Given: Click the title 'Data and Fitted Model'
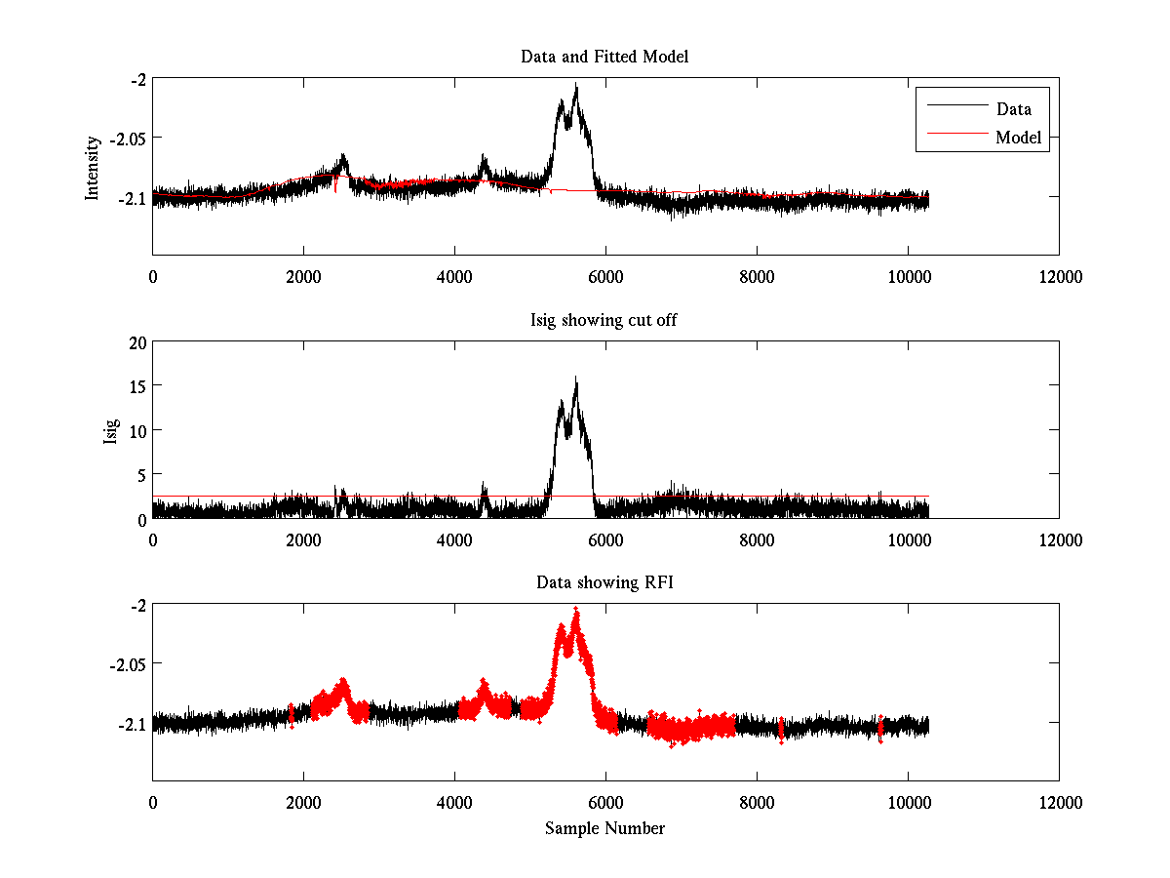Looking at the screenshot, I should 604,57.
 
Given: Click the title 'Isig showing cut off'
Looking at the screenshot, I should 604,320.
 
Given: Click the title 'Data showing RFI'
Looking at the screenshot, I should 604,582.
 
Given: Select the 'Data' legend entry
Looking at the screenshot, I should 1013,108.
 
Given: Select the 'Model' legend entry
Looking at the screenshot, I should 1018,138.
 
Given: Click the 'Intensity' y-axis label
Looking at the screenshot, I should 93,167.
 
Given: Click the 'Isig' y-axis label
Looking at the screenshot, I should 110,429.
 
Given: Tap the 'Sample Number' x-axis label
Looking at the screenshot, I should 604,828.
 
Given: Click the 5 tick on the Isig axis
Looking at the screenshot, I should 140,474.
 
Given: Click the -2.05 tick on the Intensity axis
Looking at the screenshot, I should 125,139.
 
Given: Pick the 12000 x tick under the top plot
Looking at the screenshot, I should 1059,277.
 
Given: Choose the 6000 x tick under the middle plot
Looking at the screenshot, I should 605,539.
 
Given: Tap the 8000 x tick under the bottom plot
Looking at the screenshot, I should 757,803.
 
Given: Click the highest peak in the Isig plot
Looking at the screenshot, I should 576,378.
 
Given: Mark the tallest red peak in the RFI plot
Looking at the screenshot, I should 576,609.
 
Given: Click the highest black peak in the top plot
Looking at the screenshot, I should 576,85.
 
